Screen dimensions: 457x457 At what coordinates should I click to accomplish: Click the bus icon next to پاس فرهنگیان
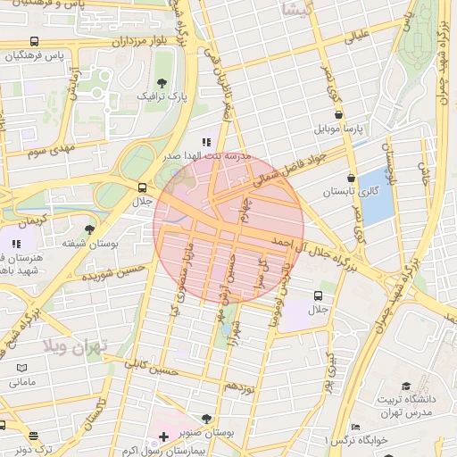click(34, 42)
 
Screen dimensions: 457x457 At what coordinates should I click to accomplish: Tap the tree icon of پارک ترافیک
click(161, 82)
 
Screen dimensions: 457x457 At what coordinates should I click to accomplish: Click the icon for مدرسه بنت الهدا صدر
click(206, 142)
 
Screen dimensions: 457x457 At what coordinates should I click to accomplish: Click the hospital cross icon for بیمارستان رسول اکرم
click(162, 436)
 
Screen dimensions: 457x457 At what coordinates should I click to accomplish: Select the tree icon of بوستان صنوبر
click(207, 418)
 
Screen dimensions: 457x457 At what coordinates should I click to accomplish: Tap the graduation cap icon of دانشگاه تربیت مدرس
click(406, 386)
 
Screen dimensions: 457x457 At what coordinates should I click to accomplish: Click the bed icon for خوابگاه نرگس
click(355, 428)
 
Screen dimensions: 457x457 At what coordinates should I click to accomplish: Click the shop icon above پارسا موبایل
click(338, 114)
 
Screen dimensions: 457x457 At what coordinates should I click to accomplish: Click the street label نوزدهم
click(240, 386)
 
